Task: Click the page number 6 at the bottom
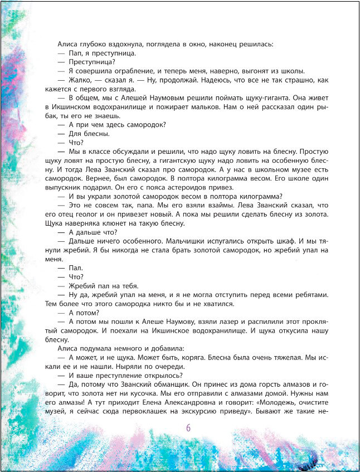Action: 188,428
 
